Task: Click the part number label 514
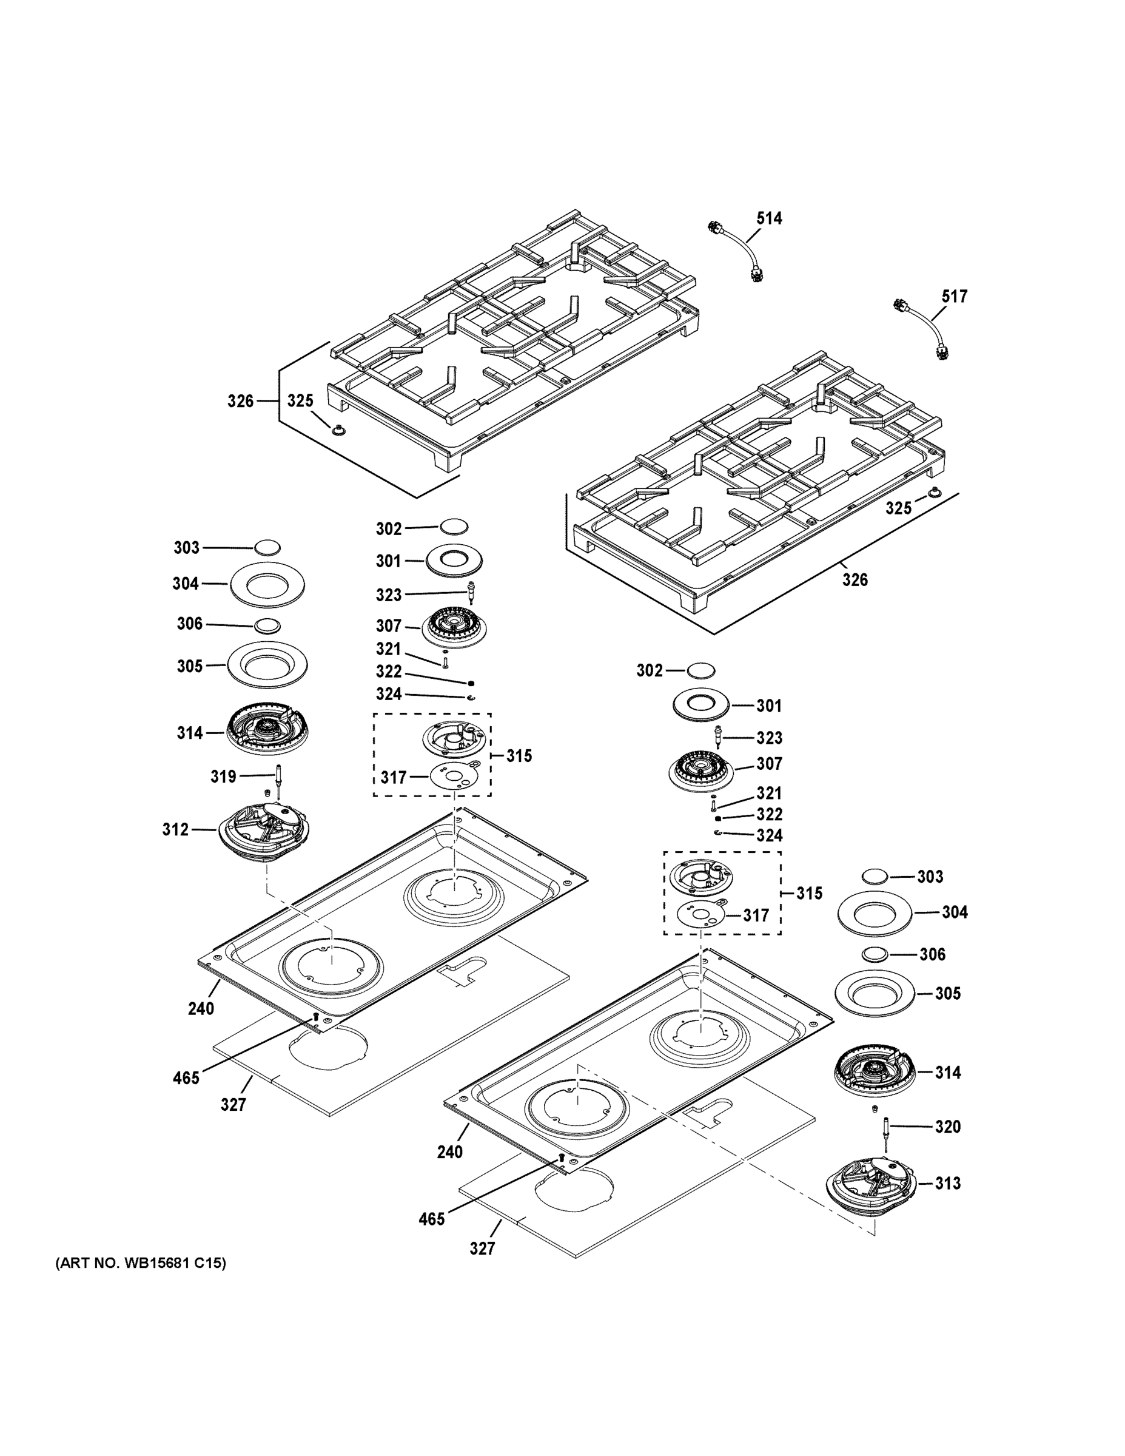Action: (768, 218)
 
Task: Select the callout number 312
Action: (175, 829)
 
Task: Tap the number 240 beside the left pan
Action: (201, 1009)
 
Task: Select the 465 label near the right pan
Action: (431, 1219)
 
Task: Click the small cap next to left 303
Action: (267, 547)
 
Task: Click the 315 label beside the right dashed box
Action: (809, 892)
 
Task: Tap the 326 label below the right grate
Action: (855, 579)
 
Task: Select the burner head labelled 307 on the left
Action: (454, 626)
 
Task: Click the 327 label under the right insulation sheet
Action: (482, 1248)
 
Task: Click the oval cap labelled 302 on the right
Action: (700, 670)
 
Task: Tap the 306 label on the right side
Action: (932, 954)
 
